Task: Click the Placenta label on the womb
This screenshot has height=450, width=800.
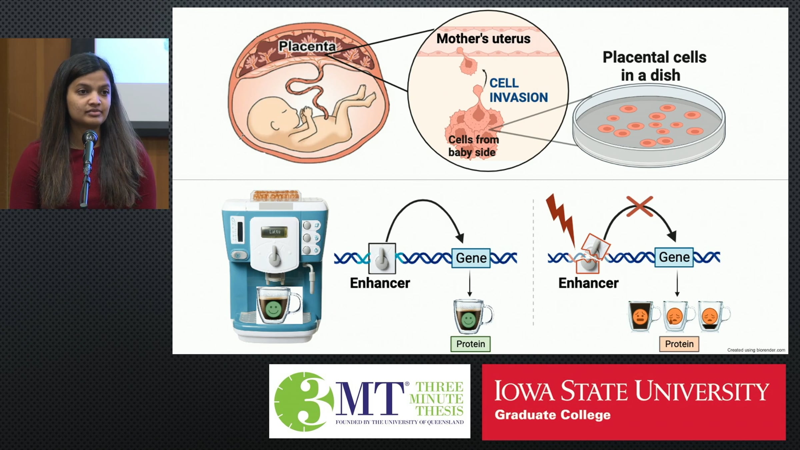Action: point(307,46)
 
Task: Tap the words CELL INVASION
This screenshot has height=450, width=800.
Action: point(518,90)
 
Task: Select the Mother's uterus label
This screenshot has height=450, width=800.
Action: point(483,39)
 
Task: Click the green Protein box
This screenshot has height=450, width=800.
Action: point(470,344)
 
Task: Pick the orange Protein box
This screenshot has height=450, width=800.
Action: point(679,344)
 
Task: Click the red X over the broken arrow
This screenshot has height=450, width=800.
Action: point(639,206)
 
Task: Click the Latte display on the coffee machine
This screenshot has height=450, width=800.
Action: point(275,232)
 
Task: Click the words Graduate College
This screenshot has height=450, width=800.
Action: point(552,415)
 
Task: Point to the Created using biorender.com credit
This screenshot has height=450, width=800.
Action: point(756,350)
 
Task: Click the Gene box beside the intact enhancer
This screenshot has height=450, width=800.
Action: point(471,258)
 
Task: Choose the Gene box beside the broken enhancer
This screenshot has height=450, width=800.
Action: point(674,257)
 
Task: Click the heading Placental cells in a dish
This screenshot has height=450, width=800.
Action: point(654,66)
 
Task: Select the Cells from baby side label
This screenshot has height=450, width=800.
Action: point(473,146)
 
